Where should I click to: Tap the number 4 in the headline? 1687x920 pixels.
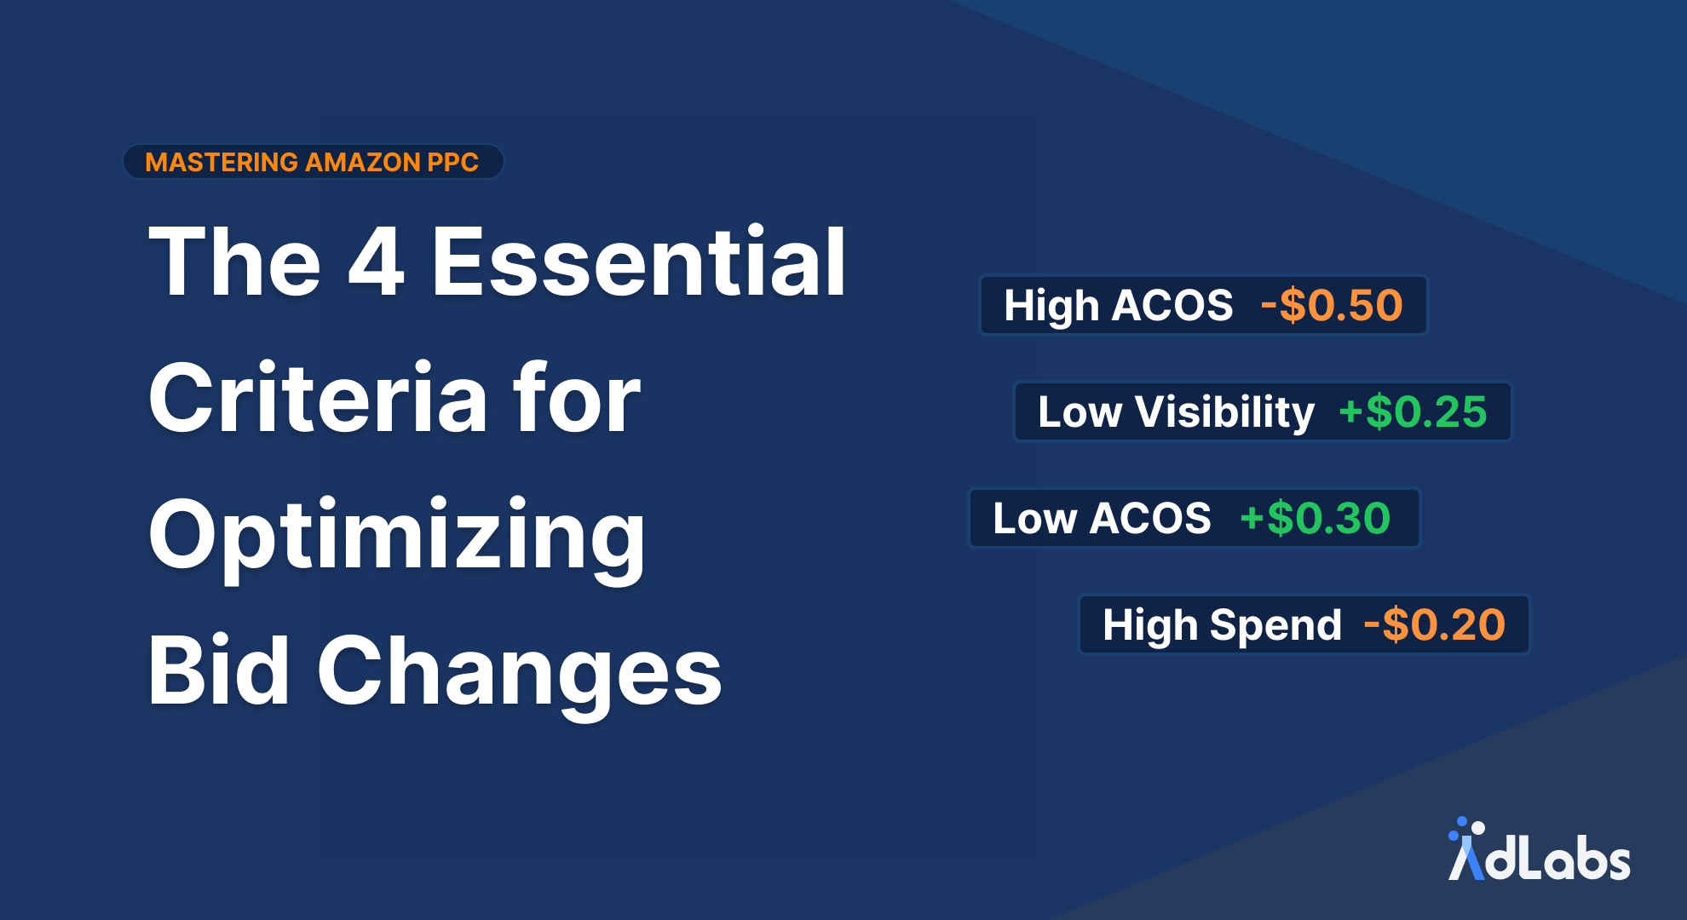click(x=376, y=262)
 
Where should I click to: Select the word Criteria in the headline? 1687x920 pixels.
click(x=317, y=399)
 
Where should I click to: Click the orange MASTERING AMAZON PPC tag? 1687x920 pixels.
click(x=312, y=162)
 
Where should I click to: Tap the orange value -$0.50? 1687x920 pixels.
click(x=1332, y=305)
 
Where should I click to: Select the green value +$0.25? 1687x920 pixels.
click(x=1413, y=412)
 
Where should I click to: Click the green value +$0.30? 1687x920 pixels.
click(x=1316, y=518)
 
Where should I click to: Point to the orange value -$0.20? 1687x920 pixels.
click(x=1435, y=624)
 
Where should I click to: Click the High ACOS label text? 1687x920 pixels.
click(x=1118, y=305)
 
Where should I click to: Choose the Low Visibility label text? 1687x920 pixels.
click(x=1176, y=412)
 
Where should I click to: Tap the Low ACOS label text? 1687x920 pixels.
click(x=1102, y=518)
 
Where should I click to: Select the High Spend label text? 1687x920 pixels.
click(x=1222, y=624)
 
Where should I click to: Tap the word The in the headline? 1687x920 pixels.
click(x=234, y=262)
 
